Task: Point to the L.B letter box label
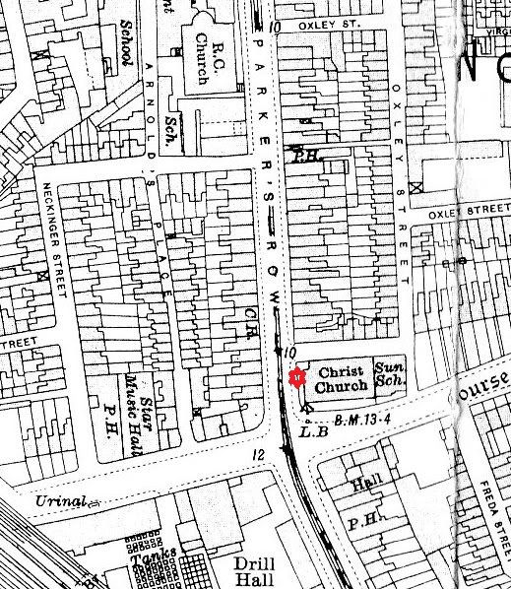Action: pos(311,429)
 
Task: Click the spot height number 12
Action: pos(259,453)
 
